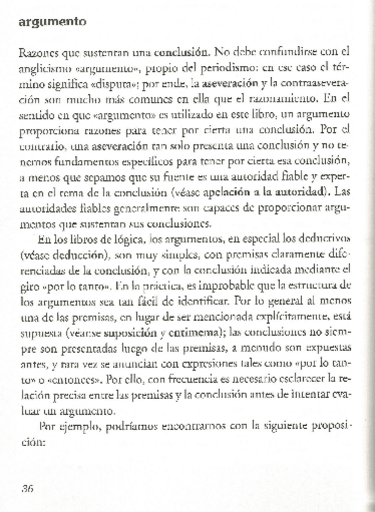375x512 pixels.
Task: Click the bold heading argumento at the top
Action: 53,22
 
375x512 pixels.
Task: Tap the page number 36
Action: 27,488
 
